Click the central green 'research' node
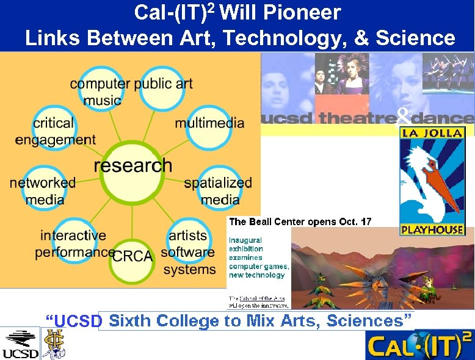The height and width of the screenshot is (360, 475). coord(133,165)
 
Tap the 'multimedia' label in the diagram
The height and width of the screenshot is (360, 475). coord(209,123)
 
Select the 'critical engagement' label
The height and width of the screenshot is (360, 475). coord(55,131)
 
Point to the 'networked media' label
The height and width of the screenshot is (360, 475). coord(43,190)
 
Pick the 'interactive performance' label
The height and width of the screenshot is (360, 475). coord(73,243)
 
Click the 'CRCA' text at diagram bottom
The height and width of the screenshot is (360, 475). coord(132,256)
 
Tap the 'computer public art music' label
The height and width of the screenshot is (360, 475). coord(131,92)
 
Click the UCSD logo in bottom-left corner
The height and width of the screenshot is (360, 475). coord(20,344)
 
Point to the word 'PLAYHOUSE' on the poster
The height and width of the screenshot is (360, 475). coord(432,230)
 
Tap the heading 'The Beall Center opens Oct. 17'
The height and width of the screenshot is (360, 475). coord(300,221)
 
